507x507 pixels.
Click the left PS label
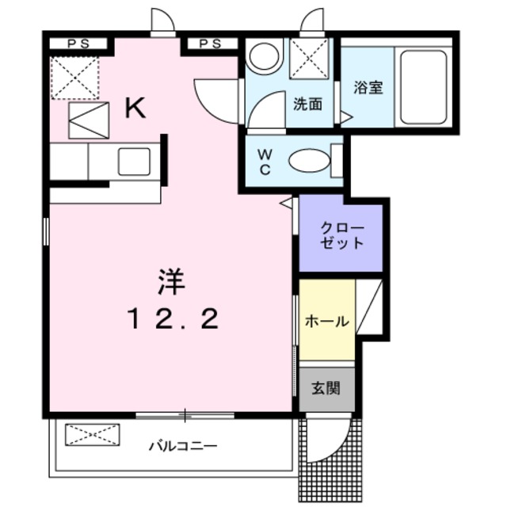pos(78,44)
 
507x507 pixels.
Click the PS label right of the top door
pos(210,44)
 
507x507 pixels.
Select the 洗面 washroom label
pos(308,103)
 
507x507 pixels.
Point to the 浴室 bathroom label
pos(368,87)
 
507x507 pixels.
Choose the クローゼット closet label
pos(342,235)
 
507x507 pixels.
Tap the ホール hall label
pos(326,322)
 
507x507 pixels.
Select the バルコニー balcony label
pos(183,446)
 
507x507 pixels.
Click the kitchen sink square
pos(134,162)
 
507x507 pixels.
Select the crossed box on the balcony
pos(92,435)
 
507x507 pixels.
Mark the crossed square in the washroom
pos(307,59)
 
